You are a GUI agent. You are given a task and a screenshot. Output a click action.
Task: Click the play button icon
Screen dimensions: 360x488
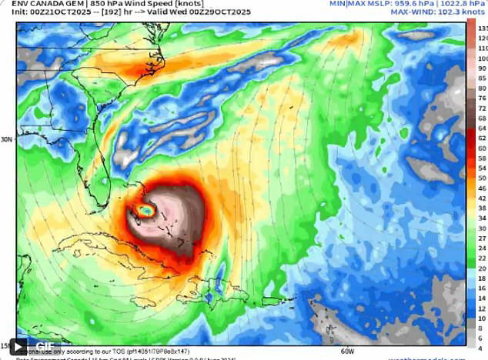click(x=18, y=347)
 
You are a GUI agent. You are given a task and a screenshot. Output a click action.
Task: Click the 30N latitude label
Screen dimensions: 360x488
click(x=7, y=139)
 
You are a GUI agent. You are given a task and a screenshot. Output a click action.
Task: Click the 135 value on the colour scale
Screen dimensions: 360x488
click(x=482, y=28)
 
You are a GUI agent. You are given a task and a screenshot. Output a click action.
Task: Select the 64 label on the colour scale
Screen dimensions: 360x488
click(x=482, y=128)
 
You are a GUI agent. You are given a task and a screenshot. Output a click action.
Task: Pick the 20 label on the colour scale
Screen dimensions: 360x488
click(x=482, y=268)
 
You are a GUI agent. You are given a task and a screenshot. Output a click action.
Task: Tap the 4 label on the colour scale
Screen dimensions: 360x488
click(x=482, y=348)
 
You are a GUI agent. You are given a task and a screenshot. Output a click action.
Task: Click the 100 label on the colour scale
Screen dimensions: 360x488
click(x=482, y=58)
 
